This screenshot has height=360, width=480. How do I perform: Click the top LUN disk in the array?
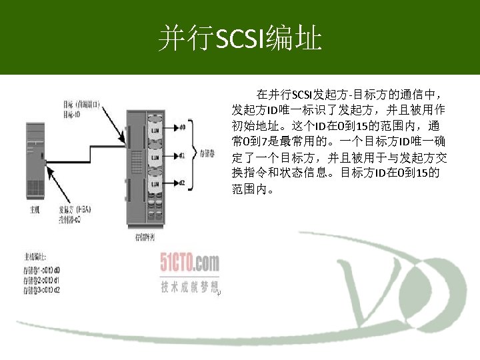(x=155, y=129)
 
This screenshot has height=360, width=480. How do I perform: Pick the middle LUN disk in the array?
(x=155, y=157)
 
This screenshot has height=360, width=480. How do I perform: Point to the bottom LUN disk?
(x=155, y=183)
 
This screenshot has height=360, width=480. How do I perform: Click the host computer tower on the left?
(x=34, y=161)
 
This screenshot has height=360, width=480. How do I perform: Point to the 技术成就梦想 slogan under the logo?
(x=189, y=287)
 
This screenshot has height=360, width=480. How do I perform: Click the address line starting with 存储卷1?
(x=41, y=270)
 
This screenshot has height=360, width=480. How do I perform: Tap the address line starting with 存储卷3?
(x=41, y=290)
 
